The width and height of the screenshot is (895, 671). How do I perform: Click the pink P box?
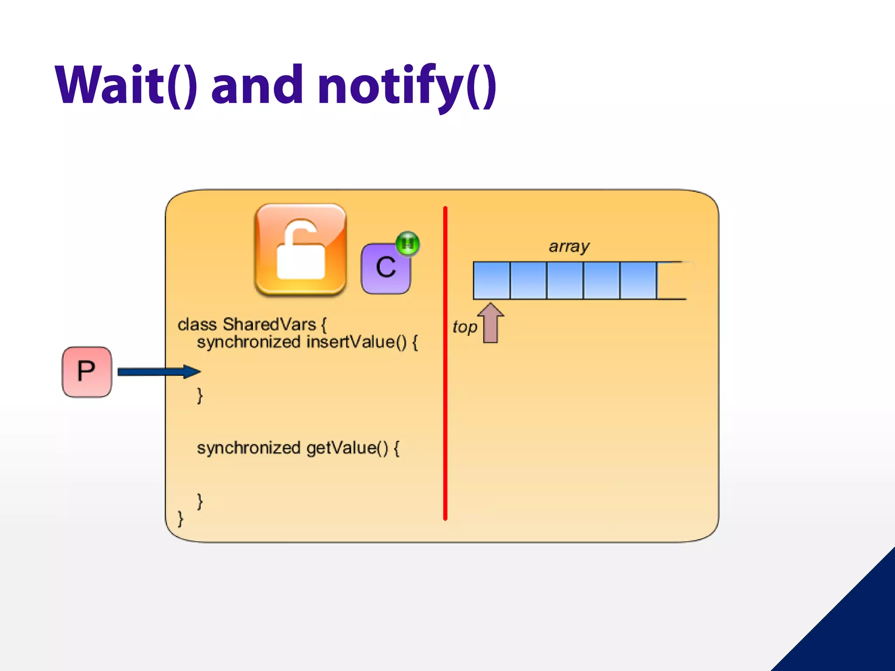[x=87, y=372]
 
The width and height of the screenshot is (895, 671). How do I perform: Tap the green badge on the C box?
[x=407, y=243]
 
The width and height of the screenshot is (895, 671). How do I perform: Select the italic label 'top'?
[x=465, y=327]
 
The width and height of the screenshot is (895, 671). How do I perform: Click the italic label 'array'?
[x=569, y=246]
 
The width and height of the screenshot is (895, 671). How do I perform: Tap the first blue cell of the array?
[x=492, y=280]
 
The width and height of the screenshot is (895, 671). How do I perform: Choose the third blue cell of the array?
[x=565, y=280]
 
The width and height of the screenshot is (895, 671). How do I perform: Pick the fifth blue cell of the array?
[x=638, y=280]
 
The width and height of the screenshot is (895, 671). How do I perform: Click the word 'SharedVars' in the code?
[x=269, y=325]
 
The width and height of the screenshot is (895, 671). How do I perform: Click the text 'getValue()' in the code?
[x=347, y=448]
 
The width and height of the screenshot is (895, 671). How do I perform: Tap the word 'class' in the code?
[x=197, y=325]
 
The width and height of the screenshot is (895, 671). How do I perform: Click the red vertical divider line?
[x=445, y=363]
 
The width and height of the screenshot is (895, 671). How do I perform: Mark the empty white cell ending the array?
[x=673, y=280]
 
